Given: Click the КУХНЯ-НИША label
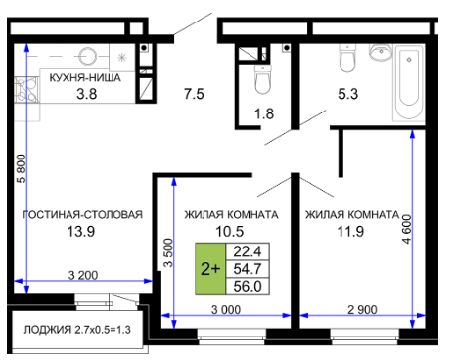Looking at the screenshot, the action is pyautogui.click(x=85, y=78).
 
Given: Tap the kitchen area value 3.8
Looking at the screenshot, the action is pyautogui.click(x=87, y=94).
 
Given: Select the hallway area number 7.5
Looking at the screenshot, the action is pyautogui.click(x=194, y=94).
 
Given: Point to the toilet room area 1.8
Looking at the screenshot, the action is pyautogui.click(x=264, y=114).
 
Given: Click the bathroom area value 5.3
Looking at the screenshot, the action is pyautogui.click(x=348, y=94).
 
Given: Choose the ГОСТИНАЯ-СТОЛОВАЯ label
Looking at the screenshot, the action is pyautogui.click(x=82, y=214).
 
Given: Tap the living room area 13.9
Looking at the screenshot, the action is pyautogui.click(x=81, y=232).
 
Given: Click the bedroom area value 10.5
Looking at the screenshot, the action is pyautogui.click(x=230, y=232).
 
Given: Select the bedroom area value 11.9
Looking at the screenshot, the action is pyautogui.click(x=350, y=232).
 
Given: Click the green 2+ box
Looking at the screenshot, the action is pyautogui.click(x=210, y=269).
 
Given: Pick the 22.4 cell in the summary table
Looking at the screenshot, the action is pyautogui.click(x=248, y=251).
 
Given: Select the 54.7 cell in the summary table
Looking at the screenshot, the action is pyautogui.click(x=248, y=269).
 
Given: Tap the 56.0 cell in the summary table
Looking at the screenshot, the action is pyautogui.click(x=248, y=287).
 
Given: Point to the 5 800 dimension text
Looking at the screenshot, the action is pyautogui.click(x=22, y=168).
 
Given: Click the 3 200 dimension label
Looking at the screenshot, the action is pyautogui.click(x=83, y=275).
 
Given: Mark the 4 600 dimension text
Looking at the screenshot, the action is pyautogui.click(x=407, y=229).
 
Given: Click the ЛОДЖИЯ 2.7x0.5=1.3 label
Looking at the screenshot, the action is pyautogui.click(x=77, y=330).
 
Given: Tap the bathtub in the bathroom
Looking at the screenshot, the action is pyautogui.click(x=409, y=83).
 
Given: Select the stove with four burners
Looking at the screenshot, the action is pyautogui.click(x=26, y=89).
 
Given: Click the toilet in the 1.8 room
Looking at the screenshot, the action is pyautogui.click(x=263, y=79).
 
